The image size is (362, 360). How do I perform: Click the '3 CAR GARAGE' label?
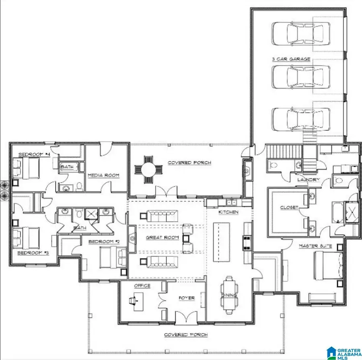coord(291,59)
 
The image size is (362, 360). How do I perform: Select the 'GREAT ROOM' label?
coord(162,237)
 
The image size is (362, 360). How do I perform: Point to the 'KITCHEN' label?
coord(228,212)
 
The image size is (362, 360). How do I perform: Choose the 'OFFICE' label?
coord(142,286)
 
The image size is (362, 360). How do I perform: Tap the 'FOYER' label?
coord(187,298)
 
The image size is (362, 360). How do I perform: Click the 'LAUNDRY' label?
coord(309,179)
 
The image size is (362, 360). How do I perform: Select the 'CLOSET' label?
coord(289,208)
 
